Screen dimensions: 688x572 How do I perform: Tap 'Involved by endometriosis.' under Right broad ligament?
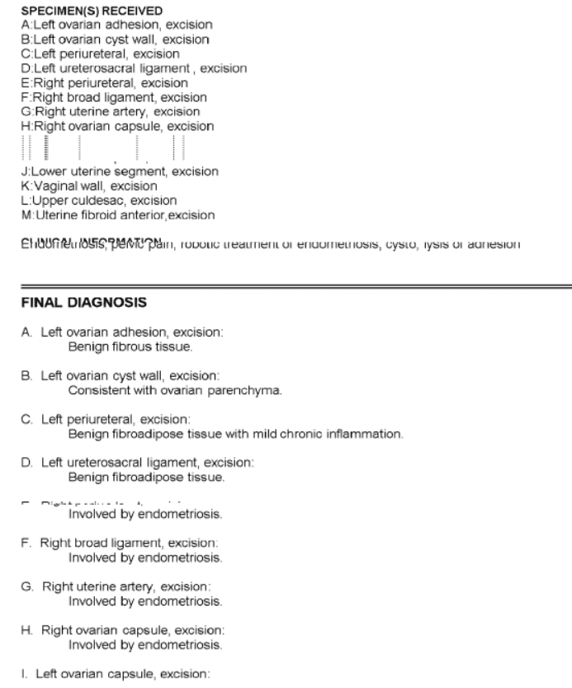[x=144, y=558]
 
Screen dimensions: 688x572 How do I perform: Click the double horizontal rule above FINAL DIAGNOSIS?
[x=286, y=283]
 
